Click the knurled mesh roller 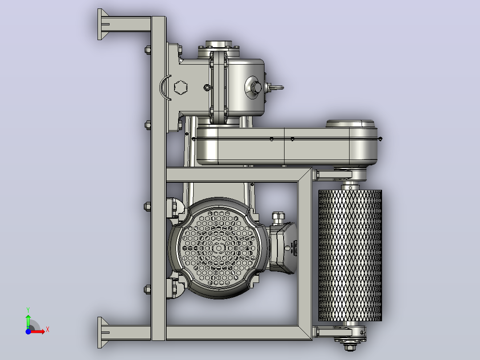pos(350,255)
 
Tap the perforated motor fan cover pos(219,248)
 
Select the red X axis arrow pos(38,331)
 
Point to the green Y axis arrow pos(28,322)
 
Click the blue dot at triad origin pos(28,331)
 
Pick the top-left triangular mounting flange pos(102,24)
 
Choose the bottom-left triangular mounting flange pos(102,332)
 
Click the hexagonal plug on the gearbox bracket pos(181,88)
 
